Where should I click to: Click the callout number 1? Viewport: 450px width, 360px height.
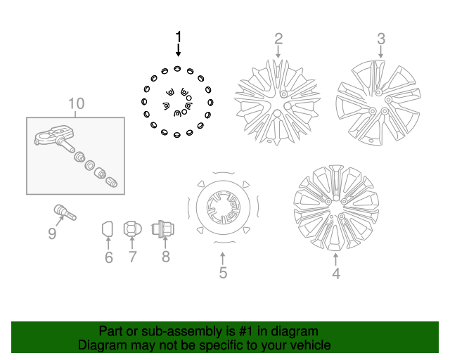179,37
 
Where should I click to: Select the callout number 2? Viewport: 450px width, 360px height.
278,38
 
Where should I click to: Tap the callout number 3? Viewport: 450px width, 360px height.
381,38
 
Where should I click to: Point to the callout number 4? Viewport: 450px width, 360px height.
336,274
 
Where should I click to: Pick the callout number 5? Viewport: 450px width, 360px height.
223,273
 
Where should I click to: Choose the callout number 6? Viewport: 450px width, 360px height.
109,257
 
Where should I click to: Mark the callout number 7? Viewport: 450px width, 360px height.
131,257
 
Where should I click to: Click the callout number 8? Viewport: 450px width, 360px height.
166,257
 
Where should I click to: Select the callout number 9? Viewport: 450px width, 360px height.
52,233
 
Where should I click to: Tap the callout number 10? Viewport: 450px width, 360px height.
76,104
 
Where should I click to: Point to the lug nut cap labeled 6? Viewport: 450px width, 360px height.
108,229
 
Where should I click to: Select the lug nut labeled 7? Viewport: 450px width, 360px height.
131,229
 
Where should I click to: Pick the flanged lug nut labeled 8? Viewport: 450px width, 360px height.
164,229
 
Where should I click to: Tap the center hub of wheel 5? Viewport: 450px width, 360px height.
222,207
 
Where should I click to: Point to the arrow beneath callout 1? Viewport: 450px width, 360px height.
179,50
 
